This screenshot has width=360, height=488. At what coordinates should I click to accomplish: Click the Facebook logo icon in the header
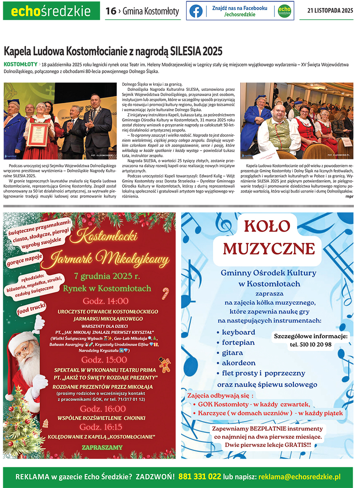click(196, 11)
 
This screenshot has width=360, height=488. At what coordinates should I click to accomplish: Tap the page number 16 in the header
click(110, 11)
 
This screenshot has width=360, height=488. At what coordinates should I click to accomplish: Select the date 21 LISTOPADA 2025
click(330, 11)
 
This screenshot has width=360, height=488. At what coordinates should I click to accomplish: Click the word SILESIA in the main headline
click(186, 52)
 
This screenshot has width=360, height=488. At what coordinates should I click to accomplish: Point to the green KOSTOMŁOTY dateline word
click(20, 64)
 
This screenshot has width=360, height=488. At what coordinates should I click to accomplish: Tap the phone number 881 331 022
click(200, 477)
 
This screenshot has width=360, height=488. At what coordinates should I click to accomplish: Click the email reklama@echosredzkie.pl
click(299, 477)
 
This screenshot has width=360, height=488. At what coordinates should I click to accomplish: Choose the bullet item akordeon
click(238, 363)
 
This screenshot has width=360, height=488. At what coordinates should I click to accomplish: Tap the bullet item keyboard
click(238, 332)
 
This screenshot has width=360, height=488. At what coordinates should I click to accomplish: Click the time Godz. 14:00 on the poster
click(106, 301)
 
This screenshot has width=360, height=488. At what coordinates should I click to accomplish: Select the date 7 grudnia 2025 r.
click(107, 276)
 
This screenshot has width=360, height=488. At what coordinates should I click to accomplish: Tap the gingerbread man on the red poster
click(164, 364)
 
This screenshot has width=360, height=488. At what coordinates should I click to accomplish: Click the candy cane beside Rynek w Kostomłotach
click(165, 293)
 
